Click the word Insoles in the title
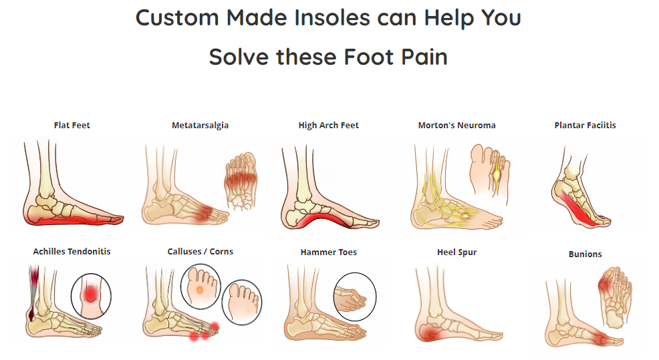pyautogui.click(x=332, y=17)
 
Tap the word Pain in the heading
pyautogui.click(x=424, y=57)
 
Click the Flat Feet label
pyautogui.click(x=72, y=125)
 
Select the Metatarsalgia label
pyautogui.click(x=200, y=125)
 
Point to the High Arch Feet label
pyautogui.click(x=328, y=125)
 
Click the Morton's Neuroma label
pyautogui.click(x=456, y=125)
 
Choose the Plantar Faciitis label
pyautogui.click(x=585, y=125)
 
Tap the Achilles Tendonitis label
pyautogui.click(x=72, y=251)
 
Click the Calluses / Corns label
pyautogui.click(x=200, y=251)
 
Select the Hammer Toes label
pyautogui.click(x=328, y=252)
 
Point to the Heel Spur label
pyautogui.click(x=457, y=252)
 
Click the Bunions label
pyautogui.click(x=585, y=254)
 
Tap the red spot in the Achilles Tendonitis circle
pyautogui.click(x=90, y=293)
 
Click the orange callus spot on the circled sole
pyautogui.click(x=200, y=290)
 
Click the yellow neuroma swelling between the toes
pyautogui.click(x=497, y=173)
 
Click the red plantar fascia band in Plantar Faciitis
pyautogui.click(x=579, y=210)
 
